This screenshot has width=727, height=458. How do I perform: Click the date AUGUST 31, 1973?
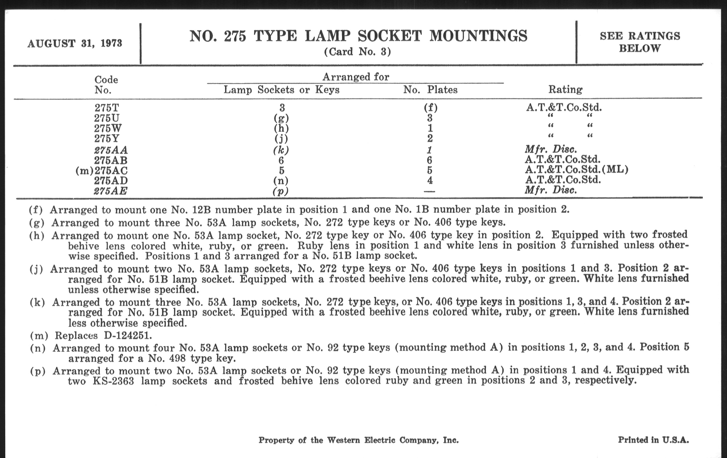click(x=74, y=43)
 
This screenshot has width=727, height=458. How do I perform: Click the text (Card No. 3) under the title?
click(x=358, y=52)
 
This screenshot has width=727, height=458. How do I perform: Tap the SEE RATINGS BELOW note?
click(x=640, y=42)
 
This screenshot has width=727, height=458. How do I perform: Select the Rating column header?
click(x=565, y=90)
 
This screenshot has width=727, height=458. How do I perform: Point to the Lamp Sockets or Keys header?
click(x=281, y=90)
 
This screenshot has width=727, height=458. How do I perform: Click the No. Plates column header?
click(x=430, y=90)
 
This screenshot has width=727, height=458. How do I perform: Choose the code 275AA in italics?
click(x=111, y=150)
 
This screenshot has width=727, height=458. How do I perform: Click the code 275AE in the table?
click(x=111, y=191)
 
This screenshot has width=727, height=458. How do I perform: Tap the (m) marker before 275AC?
click(x=85, y=171)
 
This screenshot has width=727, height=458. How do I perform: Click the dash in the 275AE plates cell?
click(x=429, y=191)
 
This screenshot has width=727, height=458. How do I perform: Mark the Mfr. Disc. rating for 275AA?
click(x=551, y=149)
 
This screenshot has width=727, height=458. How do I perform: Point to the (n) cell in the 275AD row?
click(x=281, y=181)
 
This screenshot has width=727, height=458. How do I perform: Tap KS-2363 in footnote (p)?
click(x=113, y=381)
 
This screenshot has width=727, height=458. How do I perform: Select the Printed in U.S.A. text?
click(x=653, y=440)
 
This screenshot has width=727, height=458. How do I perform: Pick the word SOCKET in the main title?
click(x=390, y=36)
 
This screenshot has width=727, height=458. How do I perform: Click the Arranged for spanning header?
click(x=356, y=77)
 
